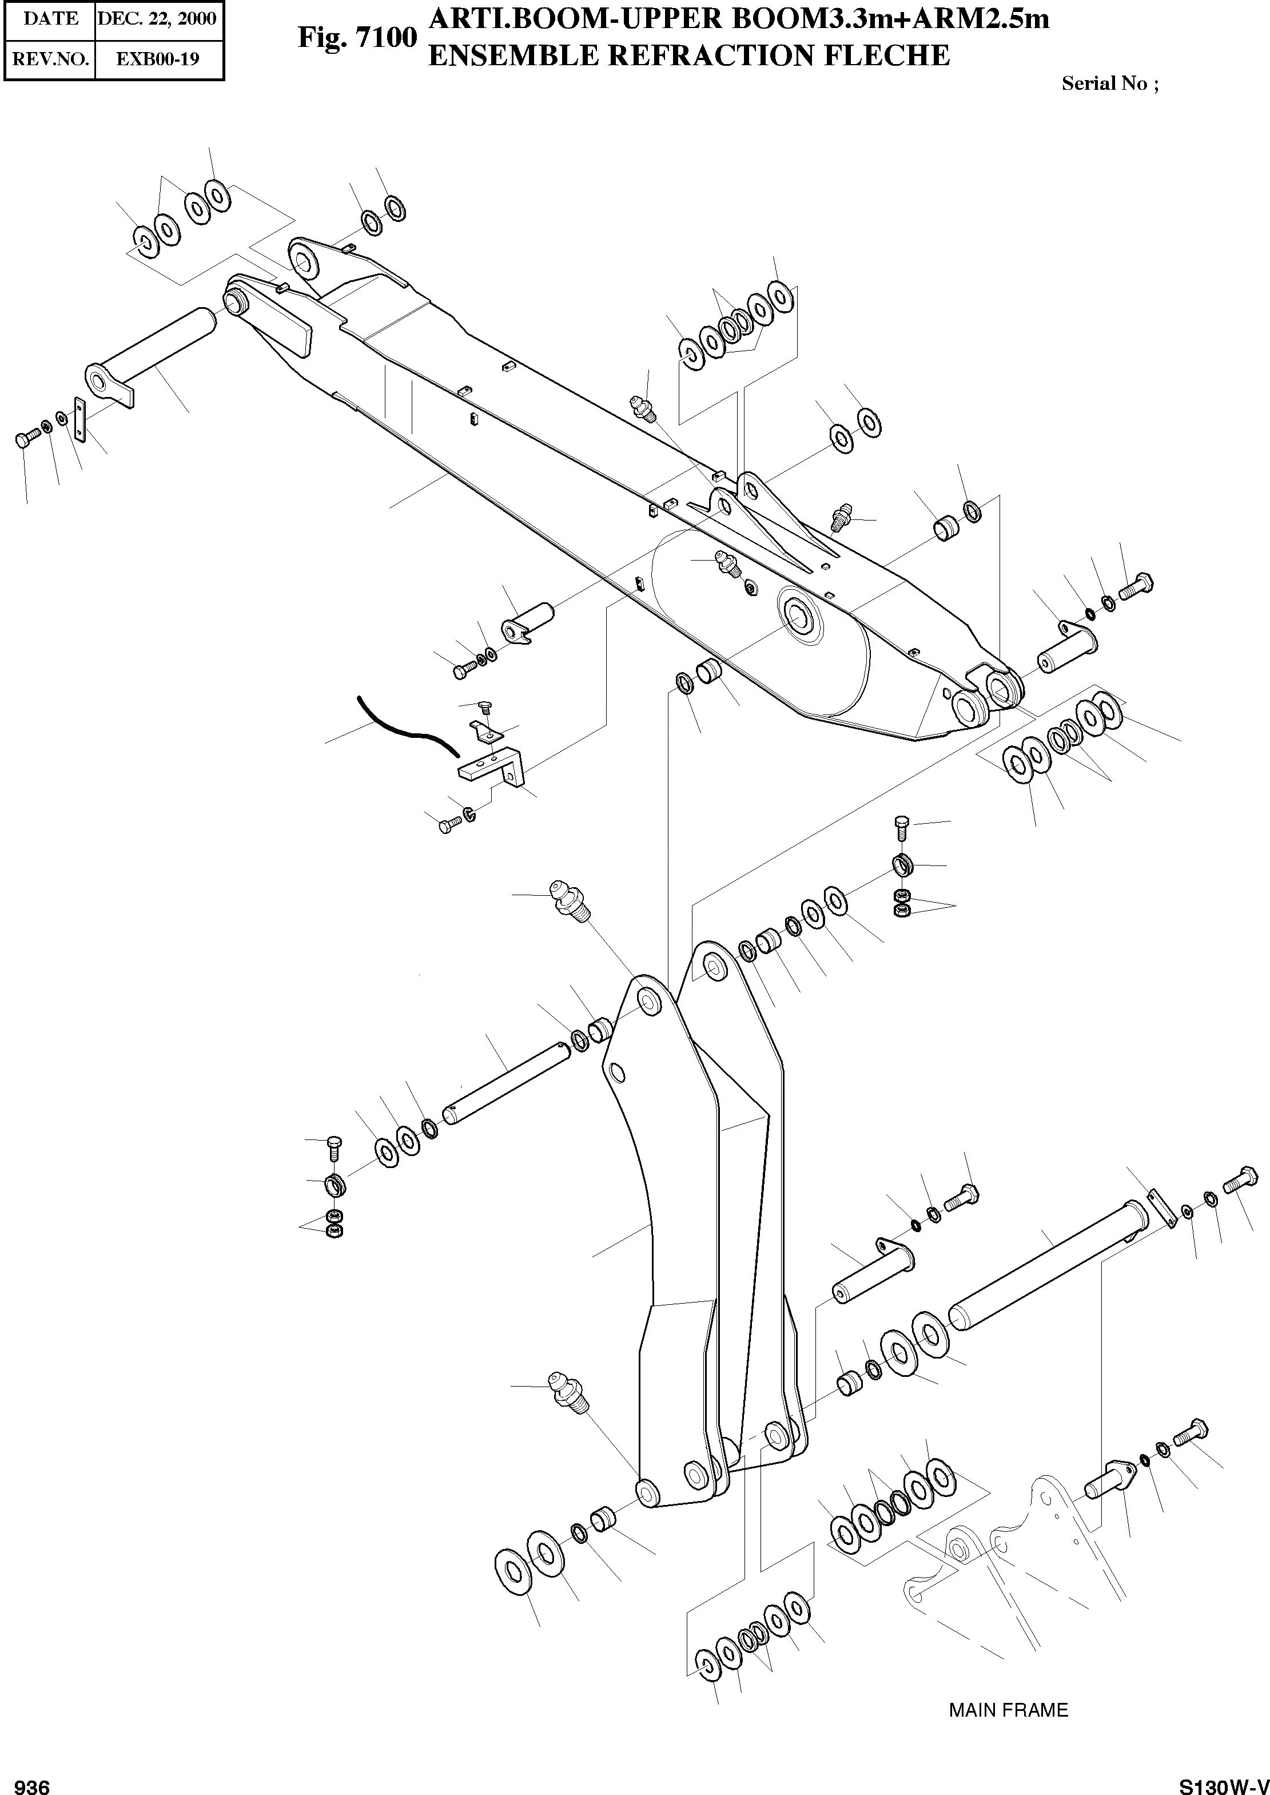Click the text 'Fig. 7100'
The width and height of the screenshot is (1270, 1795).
pyautogui.click(x=357, y=38)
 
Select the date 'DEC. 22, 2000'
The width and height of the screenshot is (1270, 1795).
pyautogui.click(x=157, y=18)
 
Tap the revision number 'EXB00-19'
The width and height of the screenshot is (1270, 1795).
pyautogui.click(x=157, y=59)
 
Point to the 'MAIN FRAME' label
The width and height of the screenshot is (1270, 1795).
pyautogui.click(x=1008, y=1710)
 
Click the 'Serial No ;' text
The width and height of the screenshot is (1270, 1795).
pyautogui.click(x=1110, y=84)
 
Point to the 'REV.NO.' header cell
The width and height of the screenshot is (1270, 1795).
pyautogui.click(x=51, y=59)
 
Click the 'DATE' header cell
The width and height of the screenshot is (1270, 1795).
pyautogui.click(x=51, y=18)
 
